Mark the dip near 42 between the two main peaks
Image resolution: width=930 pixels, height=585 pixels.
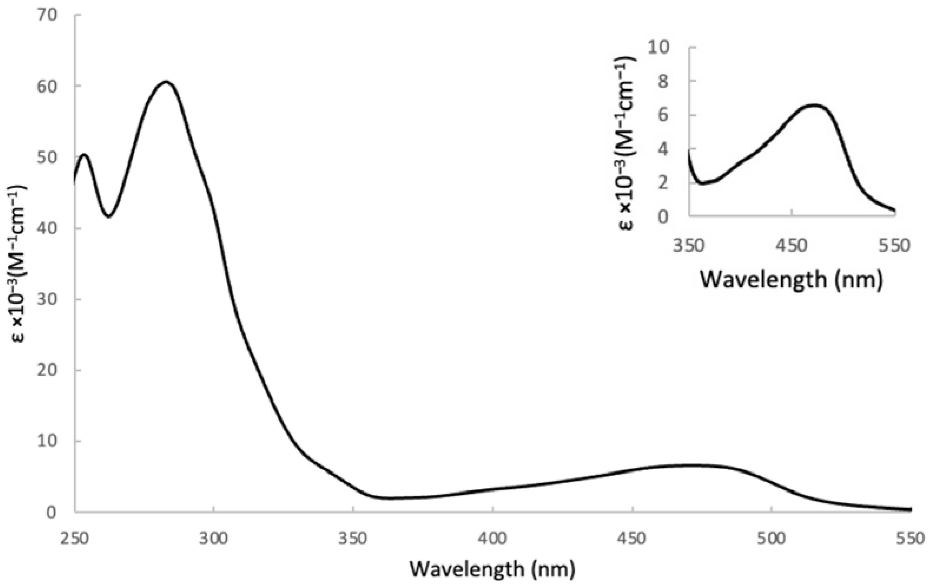tap(109, 216)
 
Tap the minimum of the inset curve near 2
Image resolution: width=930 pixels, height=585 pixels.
tap(703, 183)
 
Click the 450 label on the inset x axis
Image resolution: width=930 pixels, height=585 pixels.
tap(792, 246)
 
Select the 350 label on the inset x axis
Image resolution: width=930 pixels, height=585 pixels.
tap(689, 246)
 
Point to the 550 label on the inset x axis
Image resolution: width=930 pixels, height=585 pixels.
tap(895, 246)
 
